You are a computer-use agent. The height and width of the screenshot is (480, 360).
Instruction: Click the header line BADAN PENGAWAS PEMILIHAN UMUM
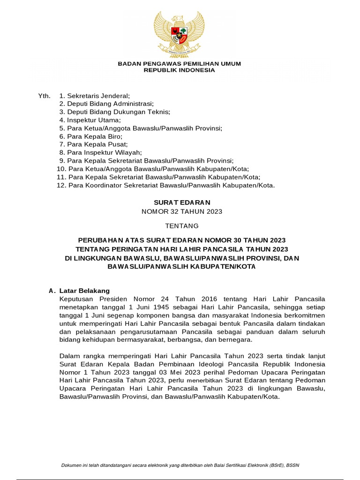pyautogui.click(x=179, y=63)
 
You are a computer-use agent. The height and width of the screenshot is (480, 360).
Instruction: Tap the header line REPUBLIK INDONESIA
pyautogui.click(x=179, y=70)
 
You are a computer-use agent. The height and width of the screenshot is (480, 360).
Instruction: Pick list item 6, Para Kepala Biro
pyautogui.click(x=90, y=136)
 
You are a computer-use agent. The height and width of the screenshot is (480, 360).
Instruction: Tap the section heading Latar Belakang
pyautogui.click(x=84, y=291)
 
